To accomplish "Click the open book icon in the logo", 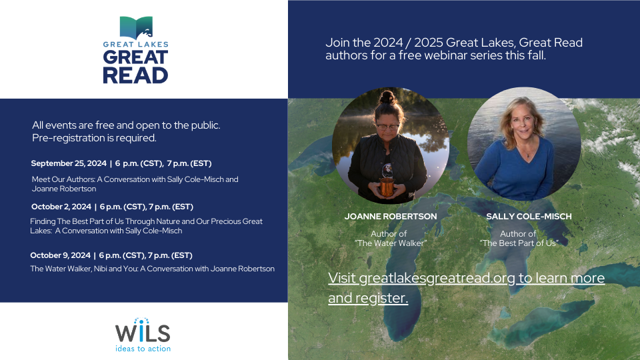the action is tap(136, 28).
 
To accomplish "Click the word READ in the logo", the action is tap(135, 75).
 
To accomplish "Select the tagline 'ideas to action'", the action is tap(143, 349).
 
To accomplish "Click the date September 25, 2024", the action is tap(69, 163).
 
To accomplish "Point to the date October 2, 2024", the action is tap(61, 207).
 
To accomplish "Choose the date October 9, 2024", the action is tap(61, 255).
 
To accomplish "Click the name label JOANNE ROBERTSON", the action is tap(391, 216).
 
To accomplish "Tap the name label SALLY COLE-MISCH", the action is tap(529, 216).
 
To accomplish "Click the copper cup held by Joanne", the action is tap(387, 186).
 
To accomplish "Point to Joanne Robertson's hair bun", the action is tap(387, 97).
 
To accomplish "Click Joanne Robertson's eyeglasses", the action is tap(387, 127).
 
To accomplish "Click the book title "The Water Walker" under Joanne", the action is tap(391, 243).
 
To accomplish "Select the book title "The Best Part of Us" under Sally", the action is tap(519, 243).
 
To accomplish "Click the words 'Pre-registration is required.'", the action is tap(94, 138).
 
